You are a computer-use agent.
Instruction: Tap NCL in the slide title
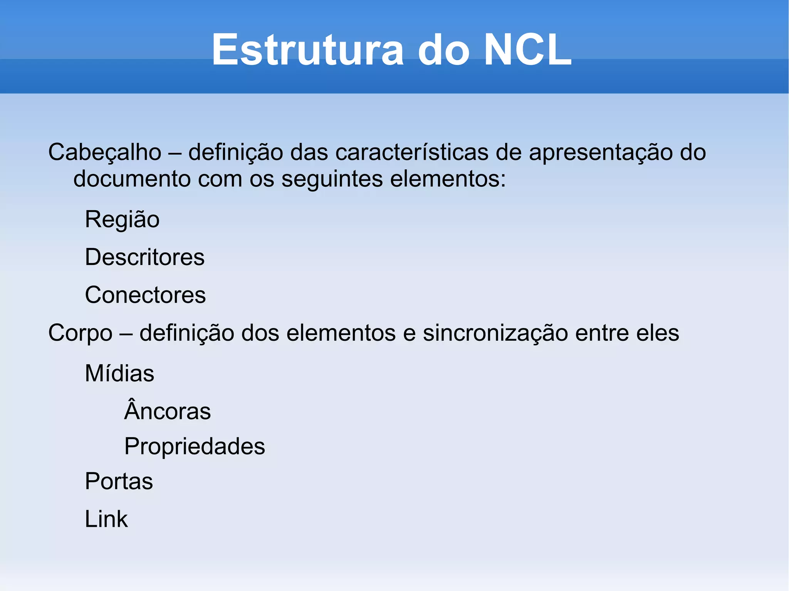(x=527, y=50)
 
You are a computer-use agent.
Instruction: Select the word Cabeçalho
(x=105, y=152)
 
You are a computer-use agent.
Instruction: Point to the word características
(x=412, y=152)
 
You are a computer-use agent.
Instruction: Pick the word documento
(x=132, y=179)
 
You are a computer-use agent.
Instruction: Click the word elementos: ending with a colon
(x=448, y=179)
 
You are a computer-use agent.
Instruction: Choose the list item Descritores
(x=144, y=257)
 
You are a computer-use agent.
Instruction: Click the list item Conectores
(x=145, y=295)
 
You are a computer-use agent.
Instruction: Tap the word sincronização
(x=495, y=333)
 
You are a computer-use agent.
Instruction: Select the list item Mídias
(x=119, y=373)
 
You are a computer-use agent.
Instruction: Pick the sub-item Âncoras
(x=168, y=410)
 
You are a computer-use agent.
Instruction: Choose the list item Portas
(x=119, y=481)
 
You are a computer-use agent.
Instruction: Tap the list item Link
(x=106, y=519)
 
